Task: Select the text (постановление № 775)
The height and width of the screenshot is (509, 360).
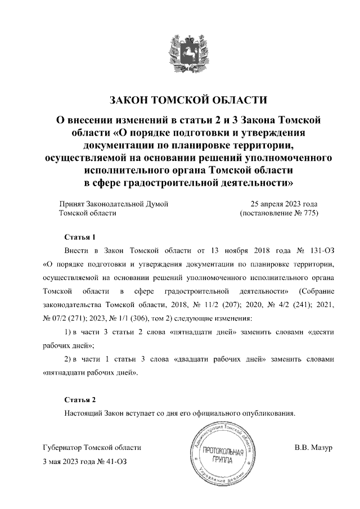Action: (279, 214)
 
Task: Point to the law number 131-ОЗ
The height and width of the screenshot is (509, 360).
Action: (327, 250)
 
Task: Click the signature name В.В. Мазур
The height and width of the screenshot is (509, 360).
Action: (314, 448)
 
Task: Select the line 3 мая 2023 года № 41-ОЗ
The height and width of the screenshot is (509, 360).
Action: (82, 462)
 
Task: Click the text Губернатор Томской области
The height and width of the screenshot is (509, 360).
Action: (92, 448)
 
